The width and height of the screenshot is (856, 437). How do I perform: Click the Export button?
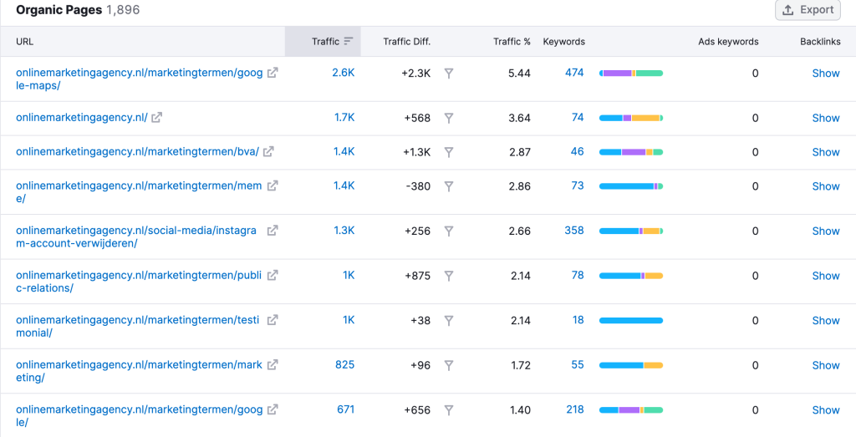click(807, 10)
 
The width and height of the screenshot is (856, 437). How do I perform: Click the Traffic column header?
click(325, 41)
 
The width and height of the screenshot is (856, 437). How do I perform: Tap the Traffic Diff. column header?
click(406, 41)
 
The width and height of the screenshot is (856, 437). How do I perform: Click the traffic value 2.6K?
click(343, 73)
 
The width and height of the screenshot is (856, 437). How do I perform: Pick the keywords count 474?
click(574, 73)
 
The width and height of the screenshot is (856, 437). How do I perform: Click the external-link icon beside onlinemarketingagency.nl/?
click(156, 118)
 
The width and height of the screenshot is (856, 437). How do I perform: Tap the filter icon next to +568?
click(449, 118)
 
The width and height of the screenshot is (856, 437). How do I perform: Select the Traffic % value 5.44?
click(519, 73)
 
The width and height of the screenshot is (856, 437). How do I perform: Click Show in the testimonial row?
click(826, 320)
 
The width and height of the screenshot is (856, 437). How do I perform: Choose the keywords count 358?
click(574, 231)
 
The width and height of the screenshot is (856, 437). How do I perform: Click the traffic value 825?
click(344, 364)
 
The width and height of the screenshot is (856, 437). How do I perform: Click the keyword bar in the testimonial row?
click(631, 320)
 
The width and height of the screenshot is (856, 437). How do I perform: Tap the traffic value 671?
click(345, 409)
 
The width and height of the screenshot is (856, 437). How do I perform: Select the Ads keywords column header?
click(728, 41)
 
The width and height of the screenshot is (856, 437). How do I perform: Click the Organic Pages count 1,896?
click(123, 10)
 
